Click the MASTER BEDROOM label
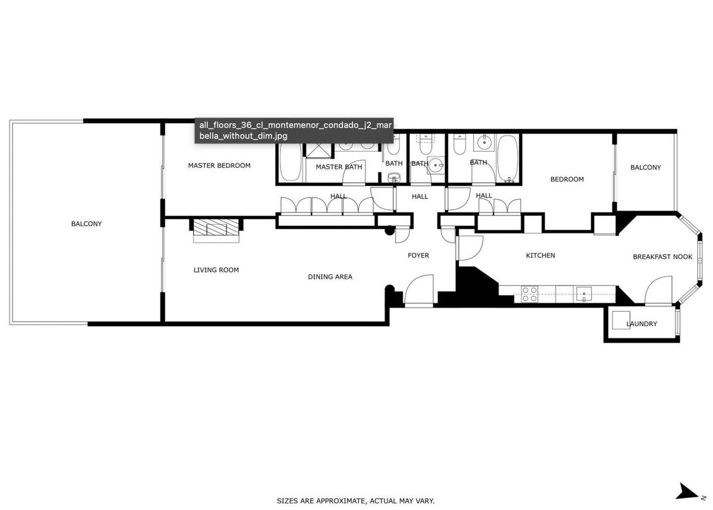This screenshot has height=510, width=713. click(219, 165)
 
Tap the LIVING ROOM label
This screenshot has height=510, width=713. click(216, 270)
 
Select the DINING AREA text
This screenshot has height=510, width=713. click(330, 277)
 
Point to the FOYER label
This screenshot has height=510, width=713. click(418, 256)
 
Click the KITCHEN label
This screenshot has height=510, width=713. click(541, 256)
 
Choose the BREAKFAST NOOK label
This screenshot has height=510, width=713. click(662, 257)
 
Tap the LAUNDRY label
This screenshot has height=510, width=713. click(642, 324)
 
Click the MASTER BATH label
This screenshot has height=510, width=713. click(339, 167)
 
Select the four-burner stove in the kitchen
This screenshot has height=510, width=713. click(529, 295)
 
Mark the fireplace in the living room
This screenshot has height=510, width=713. click(216, 230)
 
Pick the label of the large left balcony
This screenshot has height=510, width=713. click(86, 224)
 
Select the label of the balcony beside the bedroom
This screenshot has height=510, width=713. click(645, 168)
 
